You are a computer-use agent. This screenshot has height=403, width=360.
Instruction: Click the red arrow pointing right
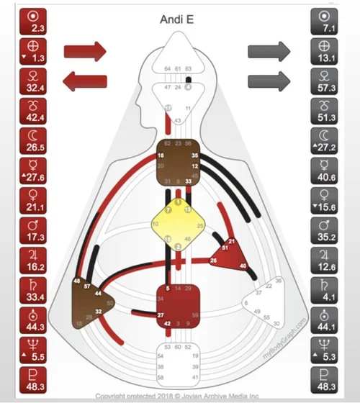(x=85, y=51)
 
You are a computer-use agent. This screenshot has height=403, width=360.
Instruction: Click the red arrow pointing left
(x=85, y=81)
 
